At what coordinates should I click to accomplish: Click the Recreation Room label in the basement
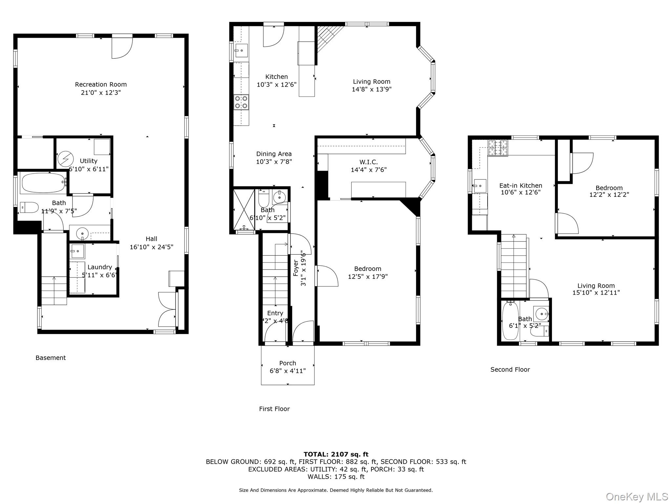point(101,85)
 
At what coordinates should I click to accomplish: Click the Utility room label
point(89,161)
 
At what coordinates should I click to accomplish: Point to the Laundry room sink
point(78,251)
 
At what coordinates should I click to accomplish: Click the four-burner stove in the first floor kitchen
point(241,102)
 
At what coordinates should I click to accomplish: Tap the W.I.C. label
point(368,162)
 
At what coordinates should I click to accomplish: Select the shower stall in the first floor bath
point(244,209)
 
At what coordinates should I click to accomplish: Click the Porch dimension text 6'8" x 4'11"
point(288,371)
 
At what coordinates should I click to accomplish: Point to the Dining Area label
point(274,154)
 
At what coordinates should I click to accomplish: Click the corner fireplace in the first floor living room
point(330,39)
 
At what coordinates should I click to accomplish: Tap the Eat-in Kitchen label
point(521,185)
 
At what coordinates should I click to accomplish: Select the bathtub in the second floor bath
point(510,321)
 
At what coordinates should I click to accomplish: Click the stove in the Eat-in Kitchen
point(498,148)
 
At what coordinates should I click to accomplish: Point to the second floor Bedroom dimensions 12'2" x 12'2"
point(609,195)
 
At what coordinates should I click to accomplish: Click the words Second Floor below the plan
point(510,369)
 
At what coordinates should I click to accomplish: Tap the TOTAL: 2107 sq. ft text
point(336,454)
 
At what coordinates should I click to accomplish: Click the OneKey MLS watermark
point(637,497)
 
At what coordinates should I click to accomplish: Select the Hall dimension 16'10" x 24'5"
point(152,247)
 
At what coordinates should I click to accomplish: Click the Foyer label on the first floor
point(296,268)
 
